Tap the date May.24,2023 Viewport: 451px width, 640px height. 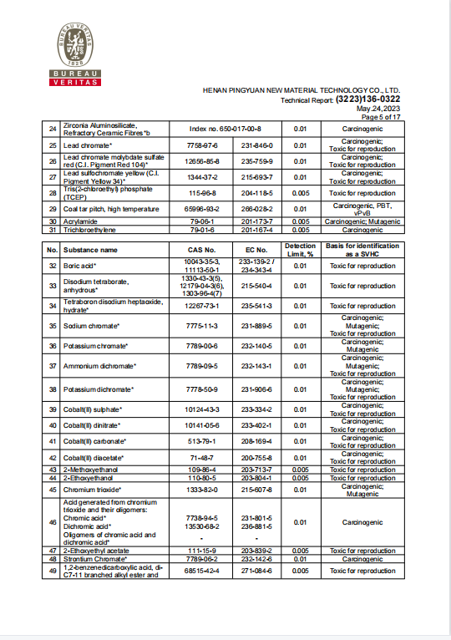click(378, 109)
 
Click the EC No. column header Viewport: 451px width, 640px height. click(256, 250)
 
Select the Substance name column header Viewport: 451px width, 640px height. click(93, 250)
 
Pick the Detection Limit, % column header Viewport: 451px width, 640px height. click(300, 250)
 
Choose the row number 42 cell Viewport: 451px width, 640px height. click(52, 458)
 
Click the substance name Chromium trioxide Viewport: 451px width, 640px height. click(93, 488)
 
